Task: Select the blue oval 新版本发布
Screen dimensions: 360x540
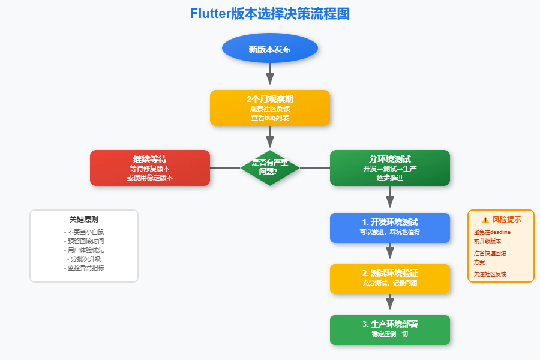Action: coord(269,49)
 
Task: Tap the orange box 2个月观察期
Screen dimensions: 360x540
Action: coord(269,108)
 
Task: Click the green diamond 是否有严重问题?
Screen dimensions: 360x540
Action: coord(269,167)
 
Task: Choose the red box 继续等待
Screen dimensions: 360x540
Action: coord(149,168)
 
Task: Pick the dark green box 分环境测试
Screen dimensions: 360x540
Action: coord(389,168)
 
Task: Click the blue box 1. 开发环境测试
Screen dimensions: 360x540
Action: coord(389,227)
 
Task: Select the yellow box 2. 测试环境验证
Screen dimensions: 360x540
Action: coord(389,278)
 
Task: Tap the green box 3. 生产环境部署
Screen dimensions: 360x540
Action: coord(389,329)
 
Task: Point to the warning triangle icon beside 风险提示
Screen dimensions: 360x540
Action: coord(485,220)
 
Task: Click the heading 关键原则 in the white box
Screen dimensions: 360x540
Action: coord(84,220)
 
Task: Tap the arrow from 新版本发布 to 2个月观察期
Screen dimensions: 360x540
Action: coord(269,75)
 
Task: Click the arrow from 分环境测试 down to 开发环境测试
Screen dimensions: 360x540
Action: coord(389,198)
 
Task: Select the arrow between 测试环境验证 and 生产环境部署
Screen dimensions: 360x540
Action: coord(389,303)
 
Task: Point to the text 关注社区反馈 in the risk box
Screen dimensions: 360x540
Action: coord(490,274)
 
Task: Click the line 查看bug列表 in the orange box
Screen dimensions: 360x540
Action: coord(269,118)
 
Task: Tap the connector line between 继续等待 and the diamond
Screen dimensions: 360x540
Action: coord(225,168)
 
